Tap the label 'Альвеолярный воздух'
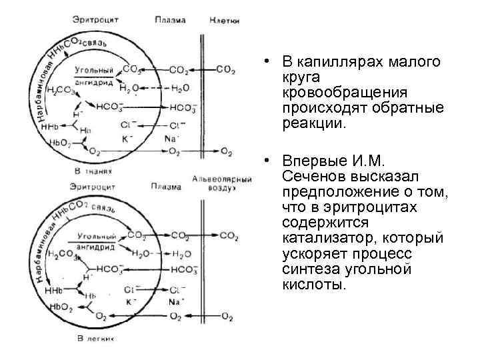[222, 184]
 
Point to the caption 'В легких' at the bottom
[95, 339]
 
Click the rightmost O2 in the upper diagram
[227, 153]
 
